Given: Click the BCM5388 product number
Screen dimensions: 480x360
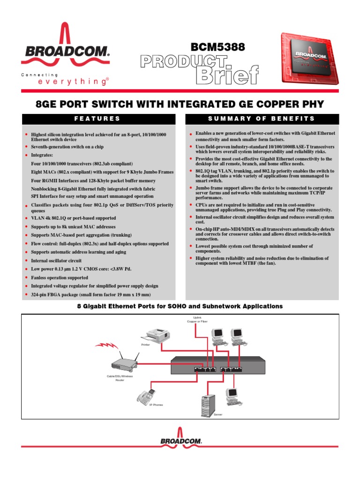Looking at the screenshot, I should pyautogui.click(x=218, y=47).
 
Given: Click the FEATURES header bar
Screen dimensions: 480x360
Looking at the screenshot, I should pyautogui.click(x=98, y=119).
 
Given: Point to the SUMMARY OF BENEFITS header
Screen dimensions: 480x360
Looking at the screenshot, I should pyautogui.click(x=262, y=119).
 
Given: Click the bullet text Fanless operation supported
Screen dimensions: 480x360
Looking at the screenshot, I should pyautogui.click(x=59, y=277).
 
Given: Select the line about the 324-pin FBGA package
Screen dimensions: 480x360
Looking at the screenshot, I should pyautogui.click(x=91, y=294).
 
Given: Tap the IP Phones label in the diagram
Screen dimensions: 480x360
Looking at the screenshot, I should pyautogui.click(x=156, y=405).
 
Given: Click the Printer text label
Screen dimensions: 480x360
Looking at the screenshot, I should pyautogui.click(x=145, y=345).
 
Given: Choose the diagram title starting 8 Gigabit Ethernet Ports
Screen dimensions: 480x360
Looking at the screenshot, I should pyautogui.click(x=180, y=306).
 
